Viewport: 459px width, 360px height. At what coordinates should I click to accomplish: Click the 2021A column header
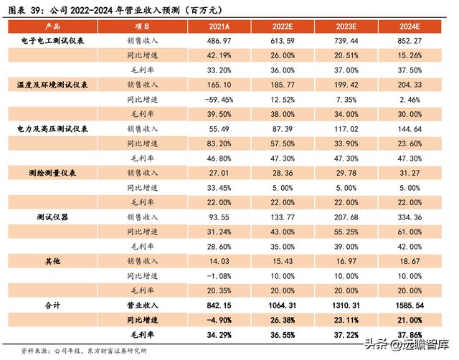(x=218, y=26)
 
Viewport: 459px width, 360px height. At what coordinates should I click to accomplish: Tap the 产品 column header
(x=53, y=26)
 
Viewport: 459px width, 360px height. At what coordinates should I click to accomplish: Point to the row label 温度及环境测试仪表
(x=53, y=84)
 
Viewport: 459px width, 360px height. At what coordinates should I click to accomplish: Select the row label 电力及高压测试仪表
(x=53, y=128)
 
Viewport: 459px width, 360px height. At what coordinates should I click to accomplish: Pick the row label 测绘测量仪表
(x=53, y=173)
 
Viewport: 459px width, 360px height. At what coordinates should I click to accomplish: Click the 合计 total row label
(x=53, y=305)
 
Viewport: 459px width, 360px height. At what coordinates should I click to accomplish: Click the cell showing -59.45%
(x=218, y=98)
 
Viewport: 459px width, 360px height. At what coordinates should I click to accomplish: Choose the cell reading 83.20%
(x=218, y=143)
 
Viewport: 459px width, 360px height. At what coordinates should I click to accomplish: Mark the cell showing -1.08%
(x=218, y=275)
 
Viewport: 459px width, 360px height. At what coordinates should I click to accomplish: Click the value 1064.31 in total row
(x=283, y=305)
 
